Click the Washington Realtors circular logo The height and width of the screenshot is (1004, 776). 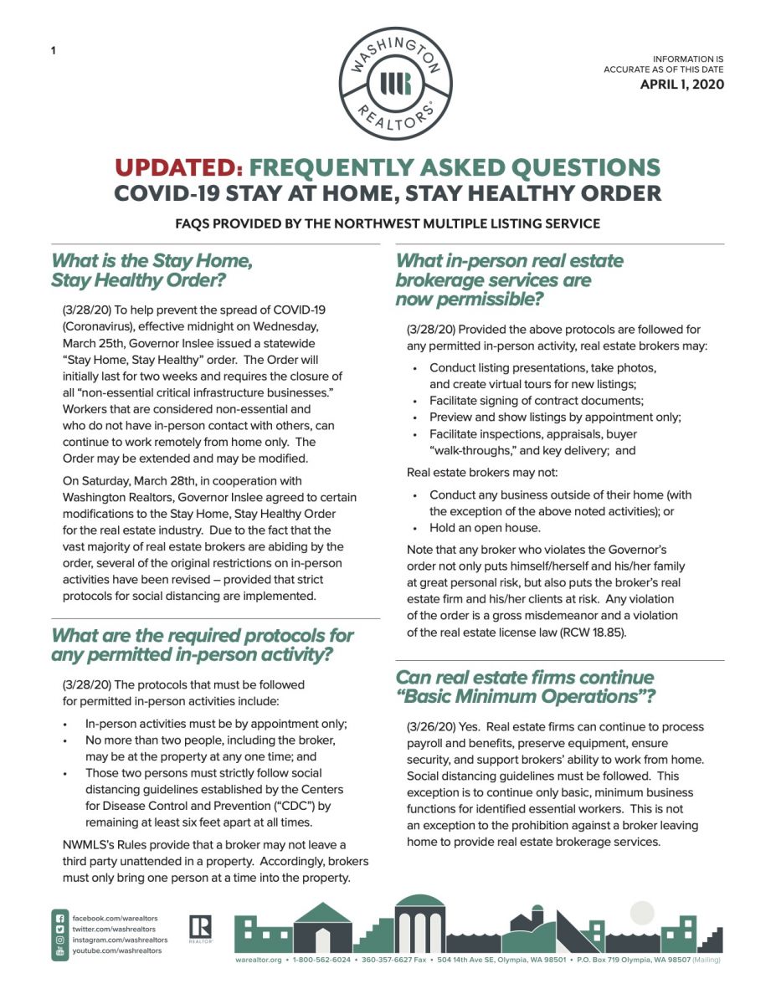click(x=396, y=83)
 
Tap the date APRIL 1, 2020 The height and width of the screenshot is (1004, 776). click(x=681, y=84)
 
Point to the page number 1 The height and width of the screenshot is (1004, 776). click(x=54, y=51)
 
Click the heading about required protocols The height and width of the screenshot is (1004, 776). click(x=203, y=644)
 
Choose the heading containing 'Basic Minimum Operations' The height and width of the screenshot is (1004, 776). click(x=525, y=686)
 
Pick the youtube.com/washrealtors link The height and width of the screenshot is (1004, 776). click(x=116, y=950)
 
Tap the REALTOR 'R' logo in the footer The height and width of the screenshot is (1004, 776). click(x=201, y=928)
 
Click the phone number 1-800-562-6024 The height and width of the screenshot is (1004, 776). click(x=321, y=960)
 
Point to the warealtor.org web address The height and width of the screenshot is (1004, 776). click(x=260, y=960)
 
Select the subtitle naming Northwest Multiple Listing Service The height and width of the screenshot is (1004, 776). click(x=388, y=223)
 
